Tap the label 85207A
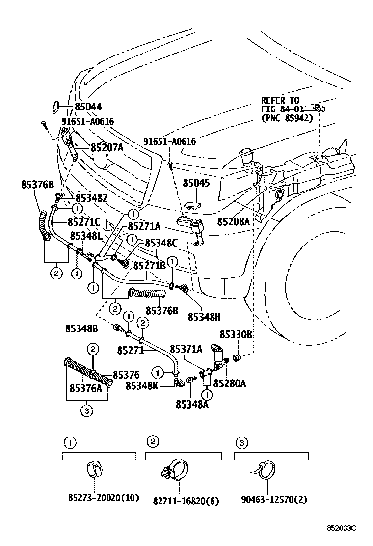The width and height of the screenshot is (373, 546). click(x=107, y=148)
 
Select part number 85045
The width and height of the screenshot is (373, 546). click(x=197, y=183)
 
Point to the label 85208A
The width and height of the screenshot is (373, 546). click(x=234, y=222)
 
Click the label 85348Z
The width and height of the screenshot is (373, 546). click(x=92, y=198)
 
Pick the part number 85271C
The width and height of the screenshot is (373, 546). click(x=84, y=222)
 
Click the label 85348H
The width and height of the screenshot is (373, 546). click(x=205, y=317)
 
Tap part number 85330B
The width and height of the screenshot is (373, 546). click(x=236, y=335)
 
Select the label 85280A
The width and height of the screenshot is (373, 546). click(x=230, y=383)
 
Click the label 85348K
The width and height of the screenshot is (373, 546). click(x=142, y=386)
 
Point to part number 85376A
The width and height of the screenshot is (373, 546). click(x=86, y=388)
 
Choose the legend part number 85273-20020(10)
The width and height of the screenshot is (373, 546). click(x=104, y=498)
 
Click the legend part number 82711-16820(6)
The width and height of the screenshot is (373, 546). click(x=186, y=501)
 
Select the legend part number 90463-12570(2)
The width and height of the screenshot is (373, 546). click(x=274, y=499)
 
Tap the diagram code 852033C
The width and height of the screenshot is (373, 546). click(x=342, y=528)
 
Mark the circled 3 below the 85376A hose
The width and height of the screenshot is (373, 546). click(x=87, y=411)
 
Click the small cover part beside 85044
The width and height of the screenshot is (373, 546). click(x=55, y=107)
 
